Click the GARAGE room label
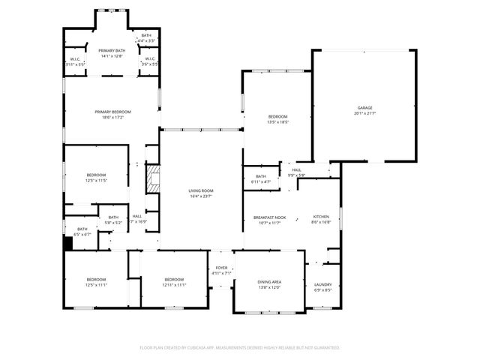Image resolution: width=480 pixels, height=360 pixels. [x=364, y=107]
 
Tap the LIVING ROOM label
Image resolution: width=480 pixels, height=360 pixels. [x=200, y=191]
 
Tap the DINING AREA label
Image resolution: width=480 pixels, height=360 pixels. [x=268, y=283]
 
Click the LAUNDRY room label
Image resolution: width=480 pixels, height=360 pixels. [x=323, y=284]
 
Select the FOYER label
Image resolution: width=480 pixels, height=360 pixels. [x=221, y=268]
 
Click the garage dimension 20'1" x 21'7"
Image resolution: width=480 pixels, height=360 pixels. [x=364, y=113]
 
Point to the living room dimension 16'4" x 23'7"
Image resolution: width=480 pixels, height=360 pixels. [x=200, y=196]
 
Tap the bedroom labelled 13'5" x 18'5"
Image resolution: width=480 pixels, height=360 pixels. [x=277, y=116]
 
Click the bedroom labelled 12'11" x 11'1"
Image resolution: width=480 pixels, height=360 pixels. [x=174, y=280]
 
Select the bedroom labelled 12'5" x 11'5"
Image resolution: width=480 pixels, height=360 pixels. [x=96, y=175]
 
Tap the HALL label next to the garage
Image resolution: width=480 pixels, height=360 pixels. [x=297, y=170]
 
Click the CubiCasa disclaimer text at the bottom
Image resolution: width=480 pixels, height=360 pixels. [x=239, y=347]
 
